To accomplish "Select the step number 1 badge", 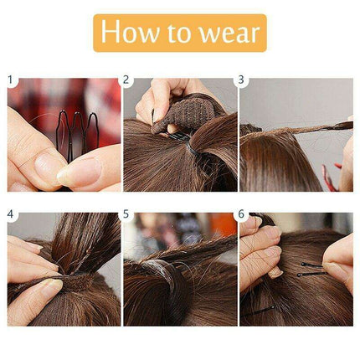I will tap(12, 81).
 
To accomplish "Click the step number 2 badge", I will tap(127, 81).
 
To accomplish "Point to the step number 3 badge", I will tap(243, 81).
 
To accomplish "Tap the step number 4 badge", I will tap(12, 214).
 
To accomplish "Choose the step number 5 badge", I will tap(127, 214).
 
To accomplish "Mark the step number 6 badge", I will tap(243, 214).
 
